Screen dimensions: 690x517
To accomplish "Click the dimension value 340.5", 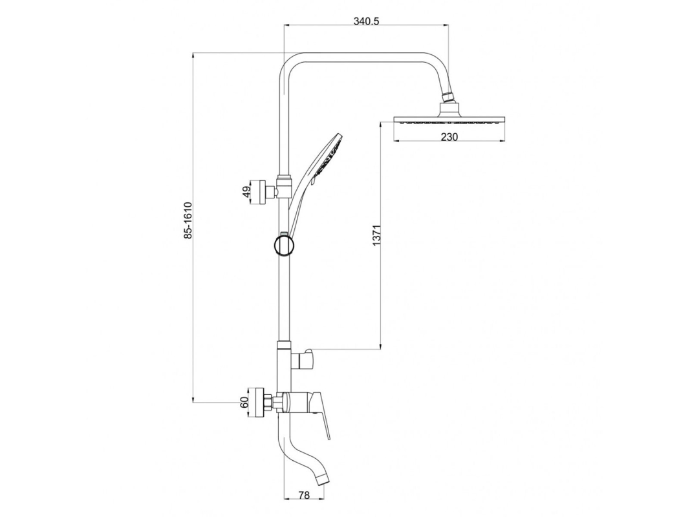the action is click(366, 21).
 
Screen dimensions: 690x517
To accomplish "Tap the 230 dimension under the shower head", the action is click(449, 137).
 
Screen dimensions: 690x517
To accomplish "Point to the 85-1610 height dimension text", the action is click(188, 220).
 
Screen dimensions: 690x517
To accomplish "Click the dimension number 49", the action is click(247, 191).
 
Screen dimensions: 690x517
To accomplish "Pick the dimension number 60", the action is click(245, 401).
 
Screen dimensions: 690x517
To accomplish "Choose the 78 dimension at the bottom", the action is click(304, 496).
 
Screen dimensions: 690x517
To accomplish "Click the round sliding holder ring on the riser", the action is click(284, 245).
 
